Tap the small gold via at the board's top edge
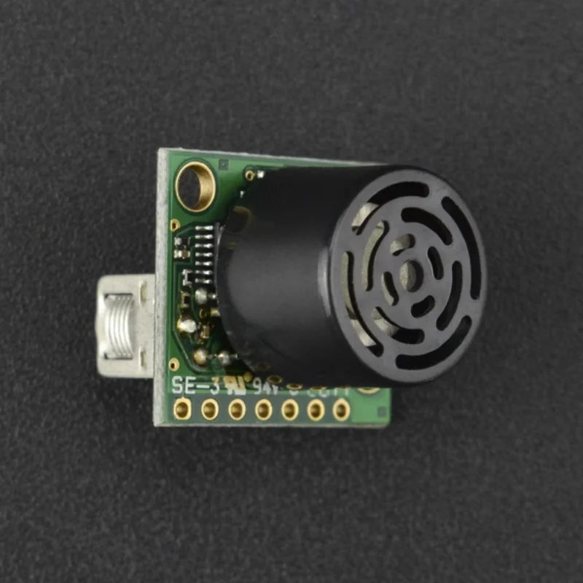(x=250, y=175)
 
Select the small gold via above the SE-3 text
(x=173, y=364)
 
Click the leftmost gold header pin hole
(x=182, y=410)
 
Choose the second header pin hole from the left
(x=210, y=410)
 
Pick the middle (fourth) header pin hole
(x=263, y=411)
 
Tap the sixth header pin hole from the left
(x=316, y=411)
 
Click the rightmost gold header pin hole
(x=341, y=411)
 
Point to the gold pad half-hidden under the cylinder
(x=368, y=390)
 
